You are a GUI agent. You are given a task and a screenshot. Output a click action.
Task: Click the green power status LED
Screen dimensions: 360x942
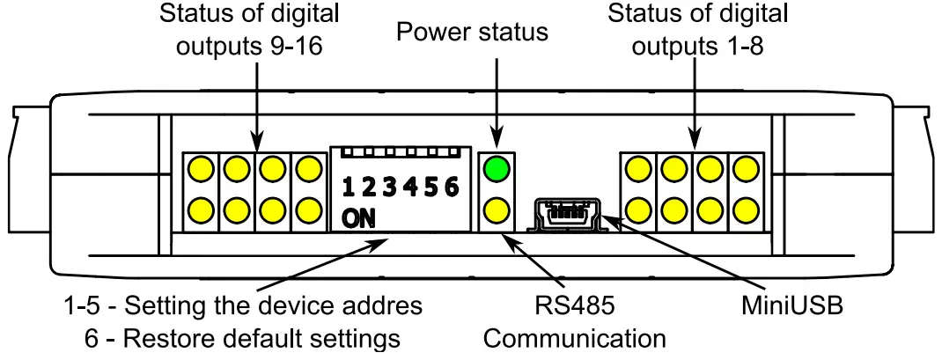coord(497,167)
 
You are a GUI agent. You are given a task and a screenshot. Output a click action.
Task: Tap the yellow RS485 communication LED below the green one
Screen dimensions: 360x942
coord(497,209)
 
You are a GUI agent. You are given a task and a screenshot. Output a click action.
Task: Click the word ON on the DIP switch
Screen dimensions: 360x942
coord(357,218)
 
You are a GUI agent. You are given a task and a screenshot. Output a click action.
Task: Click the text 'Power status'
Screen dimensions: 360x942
coord(472,33)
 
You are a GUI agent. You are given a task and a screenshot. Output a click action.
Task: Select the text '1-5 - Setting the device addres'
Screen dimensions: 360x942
coord(244,306)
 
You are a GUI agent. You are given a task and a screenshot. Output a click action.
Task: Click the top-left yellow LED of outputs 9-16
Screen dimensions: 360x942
coord(201,167)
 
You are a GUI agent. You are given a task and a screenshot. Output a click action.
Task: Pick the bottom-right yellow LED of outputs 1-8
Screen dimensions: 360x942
coord(746,209)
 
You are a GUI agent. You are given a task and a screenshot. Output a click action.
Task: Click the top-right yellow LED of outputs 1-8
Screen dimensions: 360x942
coord(746,167)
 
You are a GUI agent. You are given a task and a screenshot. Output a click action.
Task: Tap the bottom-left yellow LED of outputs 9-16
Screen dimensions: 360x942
coord(201,209)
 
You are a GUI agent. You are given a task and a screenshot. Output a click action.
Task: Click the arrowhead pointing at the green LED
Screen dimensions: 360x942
coord(497,143)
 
